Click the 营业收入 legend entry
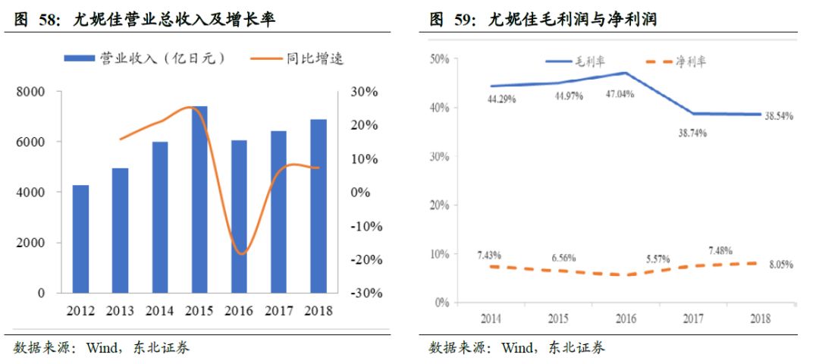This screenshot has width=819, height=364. point(145,58)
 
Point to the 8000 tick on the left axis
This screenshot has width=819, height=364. point(31,92)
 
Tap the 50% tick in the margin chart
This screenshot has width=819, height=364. point(439,59)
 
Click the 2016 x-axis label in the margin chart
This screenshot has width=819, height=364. point(626,319)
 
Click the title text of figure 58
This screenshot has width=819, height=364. point(143,20)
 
